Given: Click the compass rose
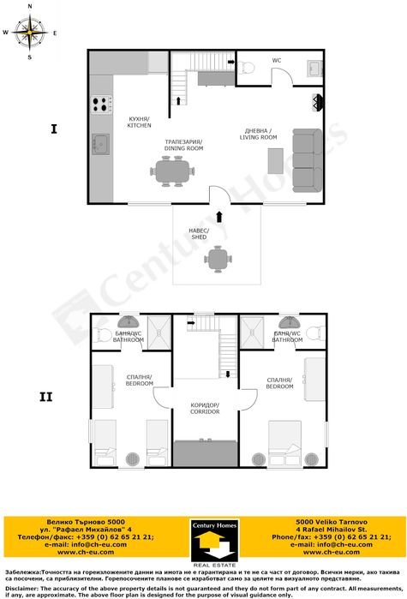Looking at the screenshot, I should [x=30, y=33].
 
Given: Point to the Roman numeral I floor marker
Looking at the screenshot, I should [x=53, y=129].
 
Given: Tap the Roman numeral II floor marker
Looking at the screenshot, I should [x=46, y=397].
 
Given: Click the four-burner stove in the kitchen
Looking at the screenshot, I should [x=100, y=105].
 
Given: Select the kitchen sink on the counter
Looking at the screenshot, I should [x=100, y=144].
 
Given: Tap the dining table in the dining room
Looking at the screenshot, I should [x=171, y=170].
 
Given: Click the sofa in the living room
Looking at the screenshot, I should [x=306, y=159].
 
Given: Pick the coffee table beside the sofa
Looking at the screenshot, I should [x=276, y=160].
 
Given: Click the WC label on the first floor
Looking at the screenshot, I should [x=277, y=61].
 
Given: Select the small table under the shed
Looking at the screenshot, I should [x=220, y=257].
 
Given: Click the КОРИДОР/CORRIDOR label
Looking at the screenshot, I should [x=205, y=408].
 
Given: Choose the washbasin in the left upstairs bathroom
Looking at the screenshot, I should [x=128, y=322].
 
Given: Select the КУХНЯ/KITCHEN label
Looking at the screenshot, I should [x=139, y=123].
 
